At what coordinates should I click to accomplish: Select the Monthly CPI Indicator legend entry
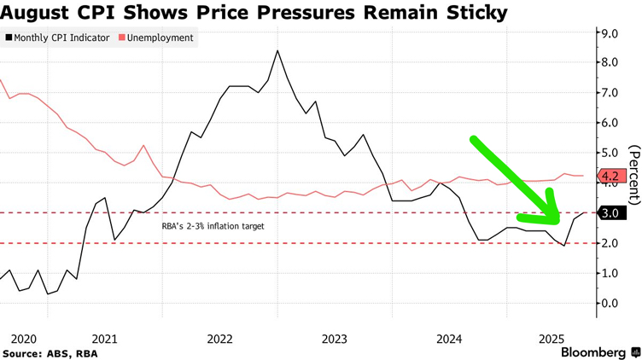(x=61, y=38)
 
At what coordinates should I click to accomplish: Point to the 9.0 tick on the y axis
(x=611, y=32)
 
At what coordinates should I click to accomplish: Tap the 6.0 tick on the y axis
(x=611, y=123)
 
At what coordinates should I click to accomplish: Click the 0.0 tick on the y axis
(x=611, y=304)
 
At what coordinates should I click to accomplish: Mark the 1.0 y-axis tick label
(x=611, y=273)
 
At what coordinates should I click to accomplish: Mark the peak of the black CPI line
(x=277, y=50)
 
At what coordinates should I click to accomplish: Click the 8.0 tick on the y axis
(x=611, y=62)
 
